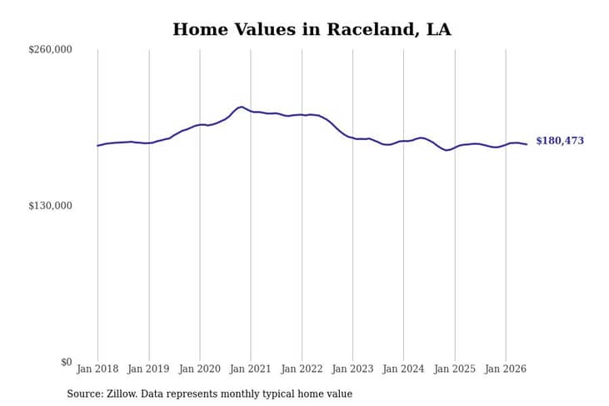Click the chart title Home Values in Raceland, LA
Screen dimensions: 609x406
[x=312, y=29]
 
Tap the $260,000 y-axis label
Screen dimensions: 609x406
[x=50, y=50]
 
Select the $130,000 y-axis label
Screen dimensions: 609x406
[x=50, y=206]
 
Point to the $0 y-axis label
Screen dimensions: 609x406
[x=67, y=362]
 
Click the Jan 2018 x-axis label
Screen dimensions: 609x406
[x=97, y=368]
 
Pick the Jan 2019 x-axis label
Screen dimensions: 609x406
[x=148, y=368]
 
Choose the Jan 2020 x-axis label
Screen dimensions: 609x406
[x=200, y=368]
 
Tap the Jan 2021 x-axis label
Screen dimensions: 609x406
[x=250, y=368]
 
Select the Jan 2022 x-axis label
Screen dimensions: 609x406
[x=302, y=368]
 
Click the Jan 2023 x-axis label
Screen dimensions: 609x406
[x=352, y=368]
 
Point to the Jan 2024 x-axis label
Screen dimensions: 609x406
[x=403, y=368]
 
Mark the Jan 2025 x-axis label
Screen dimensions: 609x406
[x=454, y=368]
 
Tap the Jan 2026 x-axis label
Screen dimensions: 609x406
[x=506, y=368]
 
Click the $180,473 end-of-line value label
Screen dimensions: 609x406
[x=560, y=141]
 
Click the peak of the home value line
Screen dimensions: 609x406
[x=242, y=107]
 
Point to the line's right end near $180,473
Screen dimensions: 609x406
[x=527, y=144]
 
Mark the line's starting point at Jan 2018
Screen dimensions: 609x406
[x=97, y=146]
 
